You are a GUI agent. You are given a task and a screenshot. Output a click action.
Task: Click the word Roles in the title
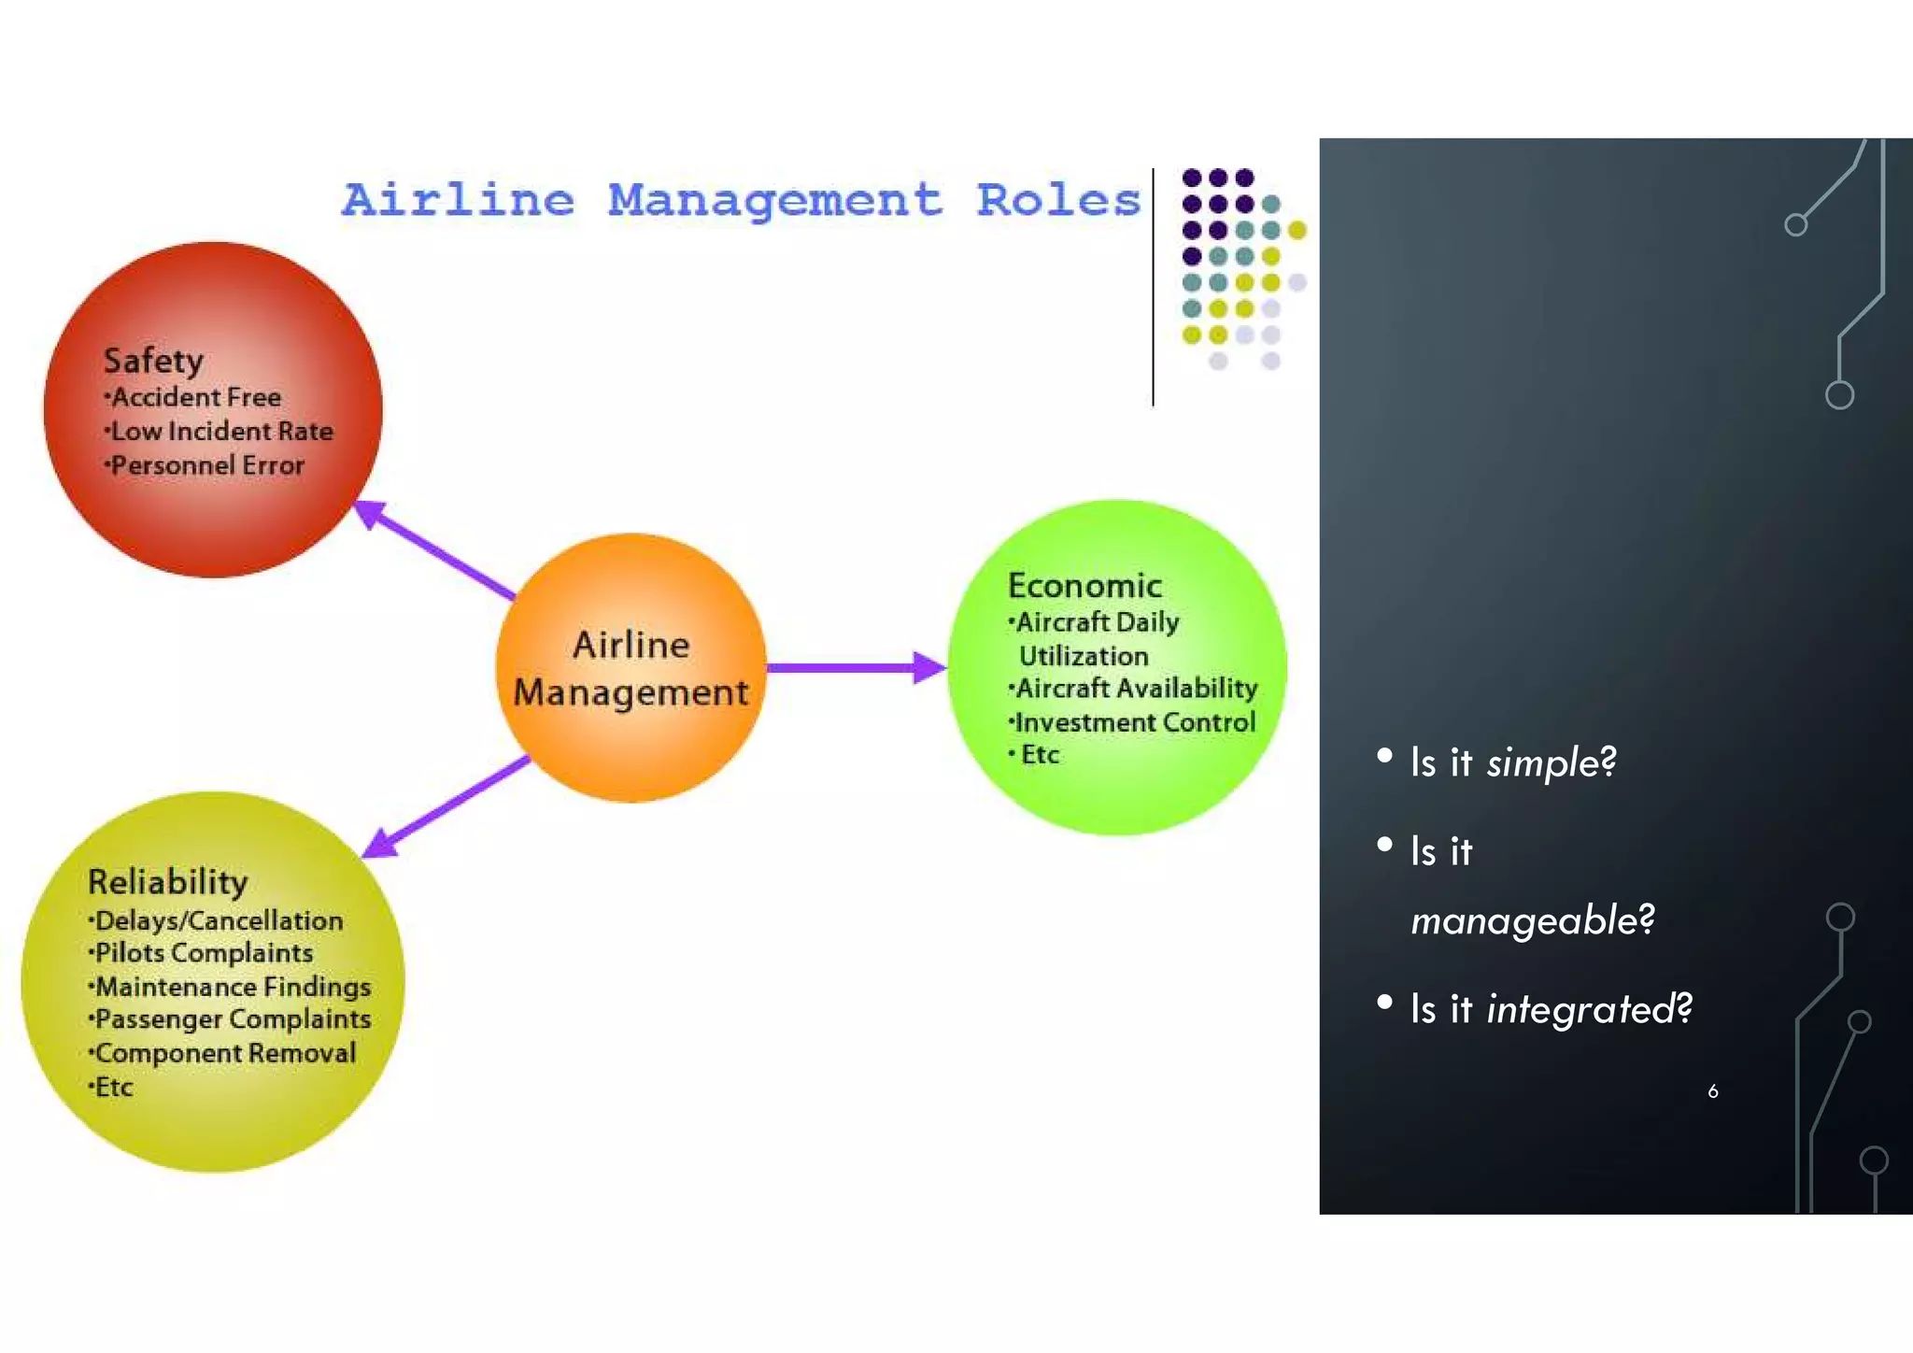[1058, 200]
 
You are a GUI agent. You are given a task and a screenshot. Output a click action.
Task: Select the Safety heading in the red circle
[153, 361]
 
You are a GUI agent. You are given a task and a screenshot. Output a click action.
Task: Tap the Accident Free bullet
[193, 397]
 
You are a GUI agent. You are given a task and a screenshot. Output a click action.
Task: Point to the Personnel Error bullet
[205, 465]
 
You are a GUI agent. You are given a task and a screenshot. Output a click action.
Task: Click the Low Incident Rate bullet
[220, 432]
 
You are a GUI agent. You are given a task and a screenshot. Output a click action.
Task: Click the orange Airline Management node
[631, 668]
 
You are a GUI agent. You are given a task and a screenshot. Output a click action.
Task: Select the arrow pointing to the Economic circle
[855, 667]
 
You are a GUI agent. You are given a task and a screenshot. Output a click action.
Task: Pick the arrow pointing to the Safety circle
[433, 549]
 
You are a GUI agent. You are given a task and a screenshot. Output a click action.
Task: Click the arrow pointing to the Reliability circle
[446, 806]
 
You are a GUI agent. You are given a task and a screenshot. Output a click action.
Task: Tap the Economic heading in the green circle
[1084, 586]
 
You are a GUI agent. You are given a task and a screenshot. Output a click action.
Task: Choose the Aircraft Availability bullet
[1134, 689]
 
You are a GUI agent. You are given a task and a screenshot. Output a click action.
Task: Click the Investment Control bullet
[1133, 722]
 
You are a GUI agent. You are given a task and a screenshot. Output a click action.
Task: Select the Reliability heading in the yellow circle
[168, 882]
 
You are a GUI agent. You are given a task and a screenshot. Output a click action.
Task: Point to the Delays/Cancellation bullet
[217, 921]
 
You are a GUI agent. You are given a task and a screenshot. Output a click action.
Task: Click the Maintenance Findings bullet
[231, 987]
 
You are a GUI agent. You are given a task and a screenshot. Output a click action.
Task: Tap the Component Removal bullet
[223, 1053]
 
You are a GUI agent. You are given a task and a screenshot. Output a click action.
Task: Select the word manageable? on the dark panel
[1532, 921]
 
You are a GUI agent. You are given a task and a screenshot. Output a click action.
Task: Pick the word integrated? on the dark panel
[1589, 1009]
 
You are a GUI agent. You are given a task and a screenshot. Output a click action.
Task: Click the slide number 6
[1713, 1091]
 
